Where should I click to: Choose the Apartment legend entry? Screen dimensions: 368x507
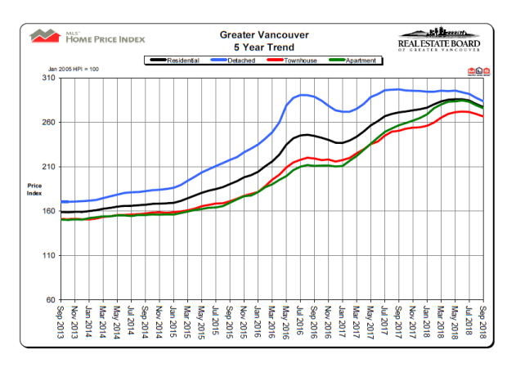pyautogui.click(x=354, y=61)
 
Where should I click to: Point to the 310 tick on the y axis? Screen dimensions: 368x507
pyautogui.click(x=48, y=79)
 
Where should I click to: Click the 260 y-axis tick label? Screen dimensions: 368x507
pyautogui.click(x=48, y=123)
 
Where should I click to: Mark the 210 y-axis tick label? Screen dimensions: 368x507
pyautogui.click(x=48, y=167)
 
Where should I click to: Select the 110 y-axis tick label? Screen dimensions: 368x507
pyautogui.click(x=48, y=256)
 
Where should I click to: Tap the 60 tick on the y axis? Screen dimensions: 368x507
pyautogui.click(x=51, y=300)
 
